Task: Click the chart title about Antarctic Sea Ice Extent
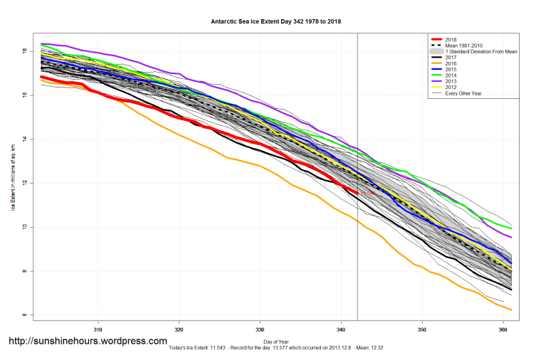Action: coord(275,21)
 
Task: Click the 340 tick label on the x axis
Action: coord(341,329)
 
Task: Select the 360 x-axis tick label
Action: coord(503,329)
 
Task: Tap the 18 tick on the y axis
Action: coord(24,51)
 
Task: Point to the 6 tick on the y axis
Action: coord(24,314)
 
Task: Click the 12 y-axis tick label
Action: coord(24,183)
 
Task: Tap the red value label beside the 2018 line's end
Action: coord(367,194)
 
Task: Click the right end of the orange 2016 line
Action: coord(510,309)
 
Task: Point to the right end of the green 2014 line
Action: coord(510,228)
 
